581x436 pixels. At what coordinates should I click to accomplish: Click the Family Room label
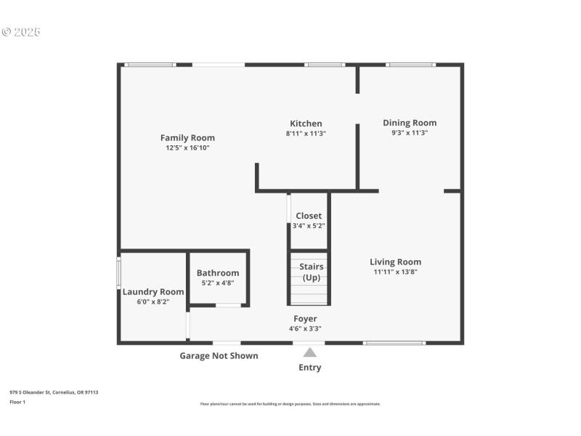(187, 137)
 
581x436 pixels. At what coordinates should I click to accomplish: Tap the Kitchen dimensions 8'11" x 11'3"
(306, 133)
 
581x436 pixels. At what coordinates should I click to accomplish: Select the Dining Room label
(410, 123)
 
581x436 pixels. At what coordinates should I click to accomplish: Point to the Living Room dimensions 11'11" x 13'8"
(395, 272)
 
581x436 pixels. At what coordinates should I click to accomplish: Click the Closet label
(309, 216)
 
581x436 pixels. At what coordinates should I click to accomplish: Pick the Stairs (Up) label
(311, 272)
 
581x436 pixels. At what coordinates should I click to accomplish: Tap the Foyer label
(305, 318)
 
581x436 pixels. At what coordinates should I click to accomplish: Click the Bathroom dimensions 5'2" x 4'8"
(218, 283)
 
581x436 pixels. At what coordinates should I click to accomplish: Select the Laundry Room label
(153, 291)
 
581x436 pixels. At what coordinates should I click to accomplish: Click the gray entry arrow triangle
(309, 352)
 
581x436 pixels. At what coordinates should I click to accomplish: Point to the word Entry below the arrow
(309, 367)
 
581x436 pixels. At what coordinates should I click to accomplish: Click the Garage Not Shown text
(219, 355)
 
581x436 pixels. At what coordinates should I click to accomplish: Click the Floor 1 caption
(17, 401)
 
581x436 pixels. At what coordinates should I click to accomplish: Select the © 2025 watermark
(21, 32)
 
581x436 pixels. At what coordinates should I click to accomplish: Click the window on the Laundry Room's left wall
(119, 274)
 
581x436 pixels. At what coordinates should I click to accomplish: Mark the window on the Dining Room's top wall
(410, 65)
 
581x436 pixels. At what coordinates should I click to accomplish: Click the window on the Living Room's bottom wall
(394, 343)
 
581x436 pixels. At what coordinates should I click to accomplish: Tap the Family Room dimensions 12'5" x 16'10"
(187, 148)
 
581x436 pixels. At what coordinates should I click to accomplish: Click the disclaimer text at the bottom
(290, 404)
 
